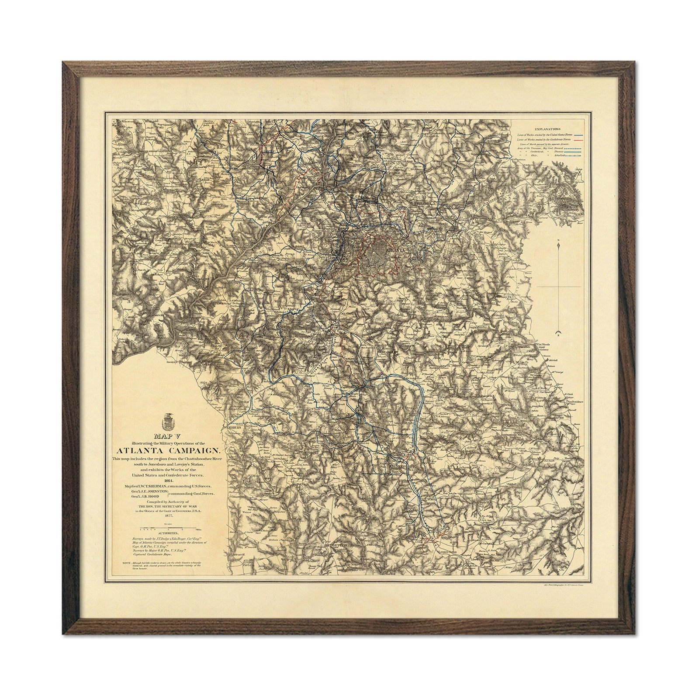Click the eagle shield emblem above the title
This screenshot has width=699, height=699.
[168, 421]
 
